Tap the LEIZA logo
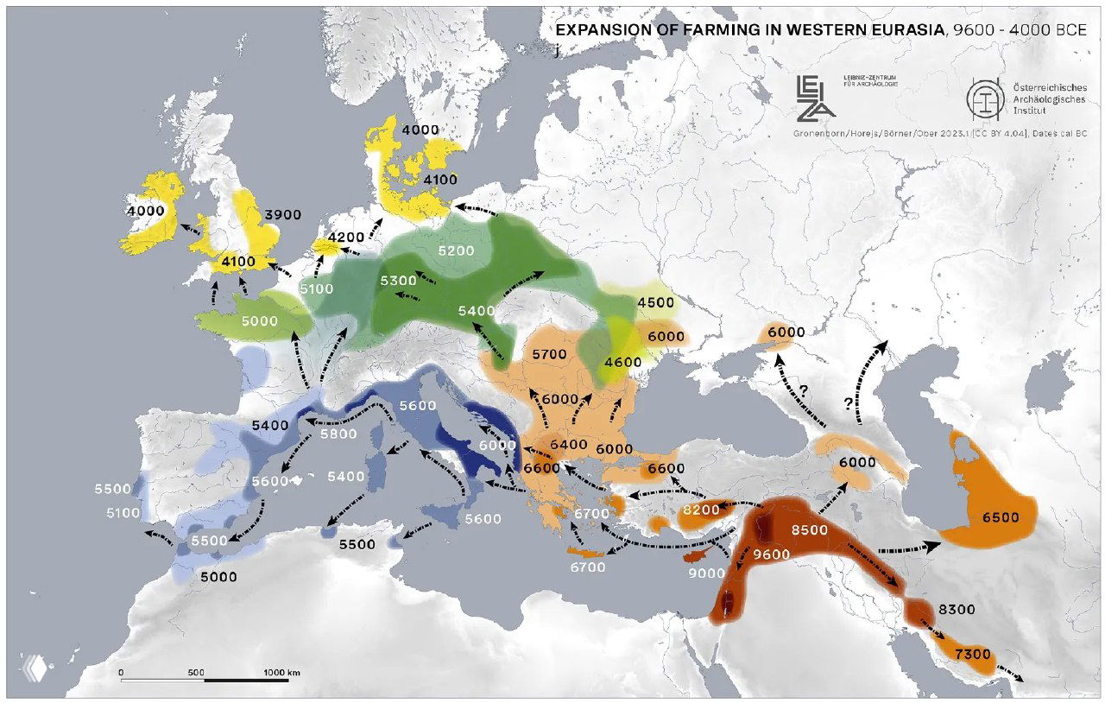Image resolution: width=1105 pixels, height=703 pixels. [815, 96]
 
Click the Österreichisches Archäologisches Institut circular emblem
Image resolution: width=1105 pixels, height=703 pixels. [985, 96]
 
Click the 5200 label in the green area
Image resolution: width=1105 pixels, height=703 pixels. [456, 251]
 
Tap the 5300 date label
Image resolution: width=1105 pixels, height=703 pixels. [398, 281]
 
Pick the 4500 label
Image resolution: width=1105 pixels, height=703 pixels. [655, 302]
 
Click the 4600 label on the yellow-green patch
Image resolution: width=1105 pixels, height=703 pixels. [622, 362]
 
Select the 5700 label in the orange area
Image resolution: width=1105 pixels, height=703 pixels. [548, 355]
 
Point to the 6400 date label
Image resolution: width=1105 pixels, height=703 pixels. [569, 444]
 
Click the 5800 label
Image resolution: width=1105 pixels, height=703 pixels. [338, 434]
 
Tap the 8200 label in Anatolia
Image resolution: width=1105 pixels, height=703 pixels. [700, 510]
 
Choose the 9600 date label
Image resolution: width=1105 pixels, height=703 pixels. [772, 554]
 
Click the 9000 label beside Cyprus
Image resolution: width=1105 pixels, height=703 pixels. [706, 572]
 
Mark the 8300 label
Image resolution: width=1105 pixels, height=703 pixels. [957, 610]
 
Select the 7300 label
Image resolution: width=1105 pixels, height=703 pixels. [972, 655]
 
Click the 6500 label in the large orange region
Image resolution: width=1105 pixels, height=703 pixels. [1001, 517]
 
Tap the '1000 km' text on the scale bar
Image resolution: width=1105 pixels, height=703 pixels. [281, 671]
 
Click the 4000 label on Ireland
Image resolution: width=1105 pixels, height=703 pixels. [145, 211]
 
